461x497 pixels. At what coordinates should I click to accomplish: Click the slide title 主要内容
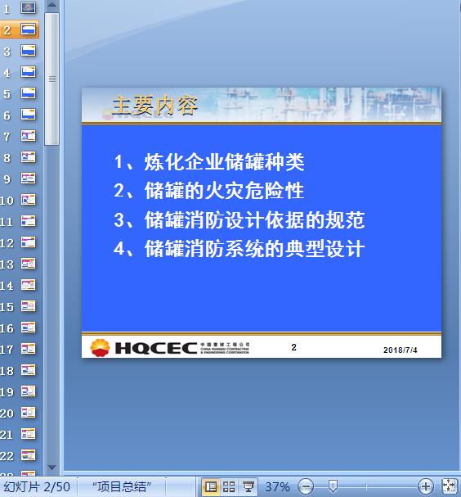[x=154, y=106]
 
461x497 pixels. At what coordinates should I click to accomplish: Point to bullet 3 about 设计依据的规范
[x=239, y=219]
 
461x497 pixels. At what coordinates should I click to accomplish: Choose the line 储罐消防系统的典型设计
[x=239, y=248]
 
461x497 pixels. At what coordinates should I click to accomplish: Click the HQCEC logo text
[x=155, y=348]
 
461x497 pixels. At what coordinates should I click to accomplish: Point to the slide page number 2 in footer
[x=293, y=348]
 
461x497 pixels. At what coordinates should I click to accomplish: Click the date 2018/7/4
[x=401, y=350]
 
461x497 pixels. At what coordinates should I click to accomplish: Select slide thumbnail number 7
[x=28, y=136]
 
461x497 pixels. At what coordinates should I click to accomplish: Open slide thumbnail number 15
[x=28, y=306]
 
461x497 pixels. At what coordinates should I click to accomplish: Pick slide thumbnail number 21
[x=28, y=434]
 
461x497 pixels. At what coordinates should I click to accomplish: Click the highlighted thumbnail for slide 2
[x=28, y=29]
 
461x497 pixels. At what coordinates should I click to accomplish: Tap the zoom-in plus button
[x=425, y=486]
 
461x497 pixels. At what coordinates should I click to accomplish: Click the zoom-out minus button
[x=306, y=486]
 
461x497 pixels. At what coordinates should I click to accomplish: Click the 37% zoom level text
[x=277, y=486]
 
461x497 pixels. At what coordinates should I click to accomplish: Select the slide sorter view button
[x=229, y=486]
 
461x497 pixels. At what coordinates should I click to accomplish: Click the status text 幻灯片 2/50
[x=37, y=486]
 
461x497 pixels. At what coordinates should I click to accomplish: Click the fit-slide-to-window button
[x=449, y=486]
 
